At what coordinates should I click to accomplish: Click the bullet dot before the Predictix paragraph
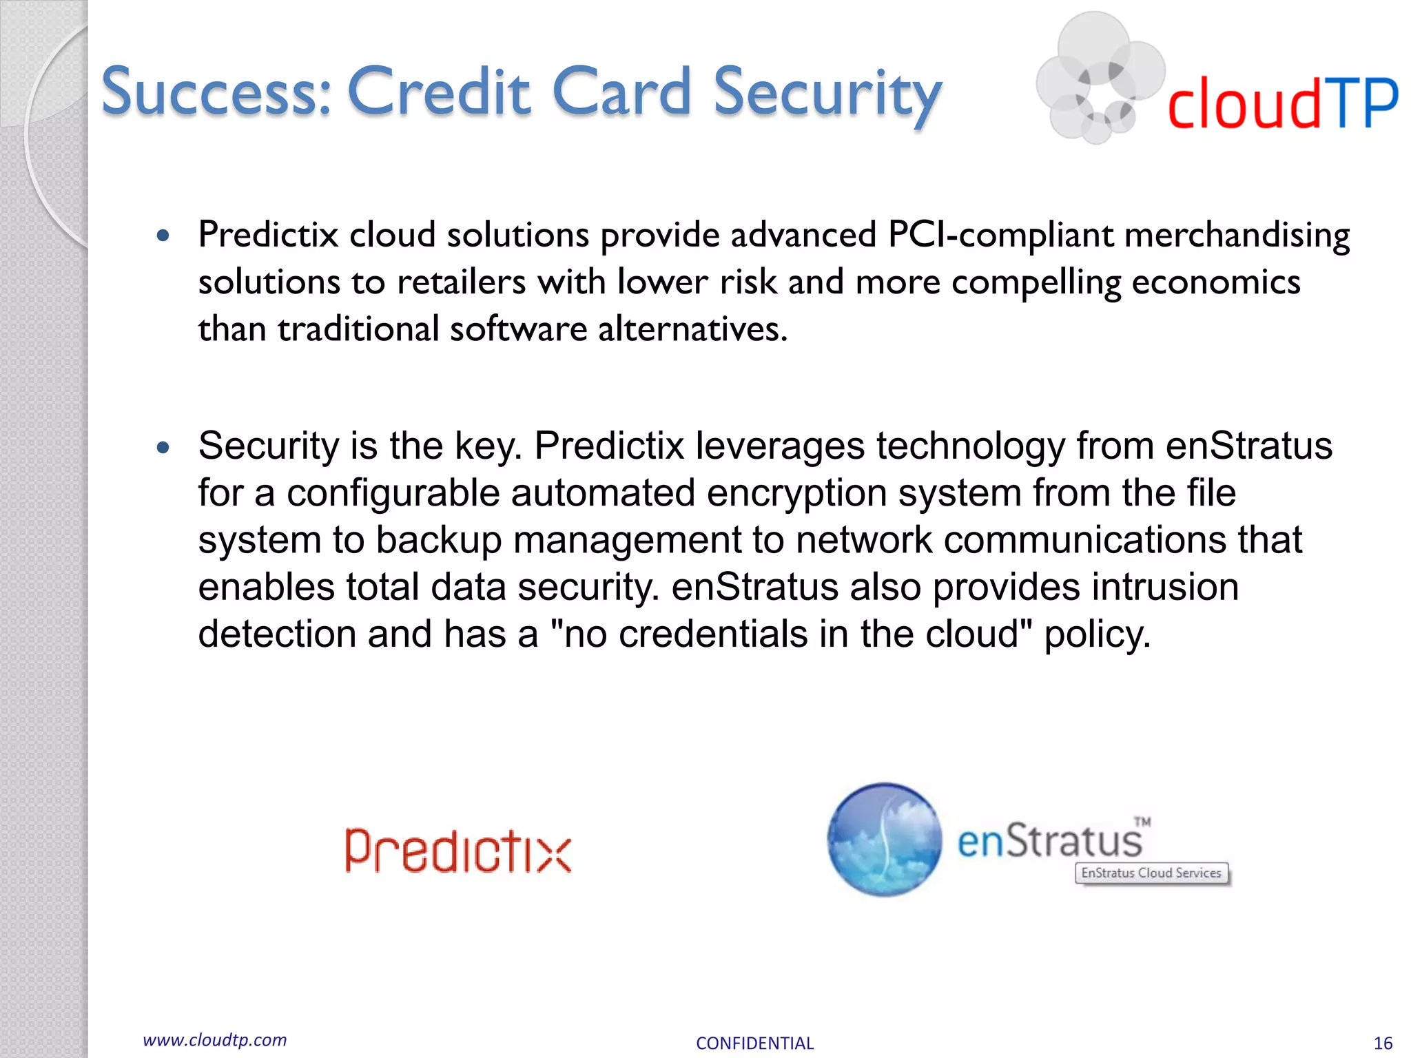163,236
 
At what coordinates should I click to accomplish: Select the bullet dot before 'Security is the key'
163,448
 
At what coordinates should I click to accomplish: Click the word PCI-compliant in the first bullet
1000,235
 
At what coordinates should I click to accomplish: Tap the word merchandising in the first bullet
1237,235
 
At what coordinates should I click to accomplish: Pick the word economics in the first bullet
1215,282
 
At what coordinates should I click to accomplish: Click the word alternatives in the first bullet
692,329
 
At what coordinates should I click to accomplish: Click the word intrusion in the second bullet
1165,587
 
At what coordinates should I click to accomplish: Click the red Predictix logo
458,851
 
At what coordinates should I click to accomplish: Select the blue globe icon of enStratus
885,839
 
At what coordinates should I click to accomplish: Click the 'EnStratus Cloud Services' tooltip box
1151,873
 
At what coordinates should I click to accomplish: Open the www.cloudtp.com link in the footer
215,1040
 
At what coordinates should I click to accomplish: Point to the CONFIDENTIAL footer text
754,1043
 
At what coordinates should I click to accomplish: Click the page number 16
1383,1043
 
